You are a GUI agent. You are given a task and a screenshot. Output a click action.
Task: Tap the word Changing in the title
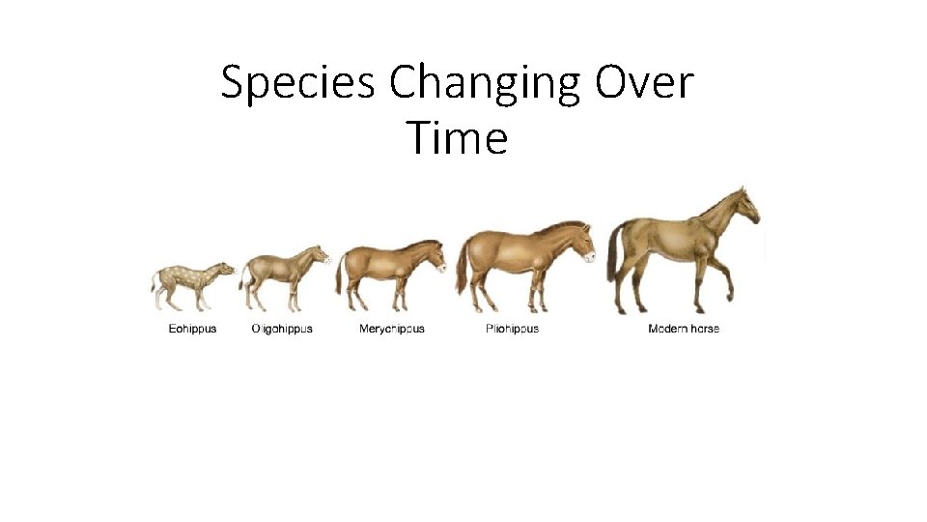(x=487, y=84)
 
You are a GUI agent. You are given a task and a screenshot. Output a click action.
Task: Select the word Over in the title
(x=644, y=84)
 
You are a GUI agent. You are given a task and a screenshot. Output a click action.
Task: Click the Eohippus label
(x=193, y=329)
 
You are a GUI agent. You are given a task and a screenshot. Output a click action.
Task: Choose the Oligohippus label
(x=282, y=329)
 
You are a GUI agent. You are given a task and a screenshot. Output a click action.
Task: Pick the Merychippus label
(x=392, y=329)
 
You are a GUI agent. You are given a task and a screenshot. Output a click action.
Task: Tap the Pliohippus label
(x=512, y=329)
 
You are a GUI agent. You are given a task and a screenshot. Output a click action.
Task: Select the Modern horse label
(x=684, y=329)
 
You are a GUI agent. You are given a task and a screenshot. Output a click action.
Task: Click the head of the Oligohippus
(x=318, y=256)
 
